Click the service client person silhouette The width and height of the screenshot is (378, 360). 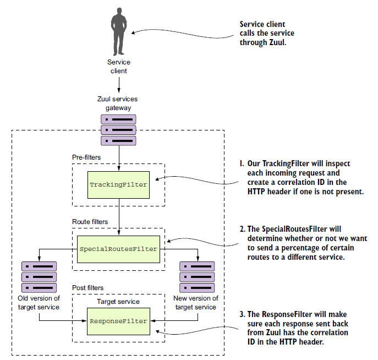pyautogui.click(x=118, y=31)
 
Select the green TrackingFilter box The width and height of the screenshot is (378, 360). pyautogui.click(x=118, y=184)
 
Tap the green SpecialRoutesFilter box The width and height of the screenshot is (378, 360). pyautogui.click(x=118, y=249)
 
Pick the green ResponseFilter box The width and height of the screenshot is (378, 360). pyautogui.click(x=118, y=320)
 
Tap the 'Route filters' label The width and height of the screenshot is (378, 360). pyautogui.click(x=90, y=222)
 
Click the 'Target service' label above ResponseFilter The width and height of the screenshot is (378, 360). pyautogui.click(x=118, y=302)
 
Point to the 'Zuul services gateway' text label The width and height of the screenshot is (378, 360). pyautogui.click(x=118, y=103)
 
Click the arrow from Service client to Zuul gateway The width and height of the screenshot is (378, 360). pyautogui.click(x=118, y=85)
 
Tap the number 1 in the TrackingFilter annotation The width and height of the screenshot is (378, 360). pyautogui.click(x=241, y=164)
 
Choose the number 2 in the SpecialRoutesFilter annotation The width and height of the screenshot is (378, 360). pyautogui.click(x=241, y=229)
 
